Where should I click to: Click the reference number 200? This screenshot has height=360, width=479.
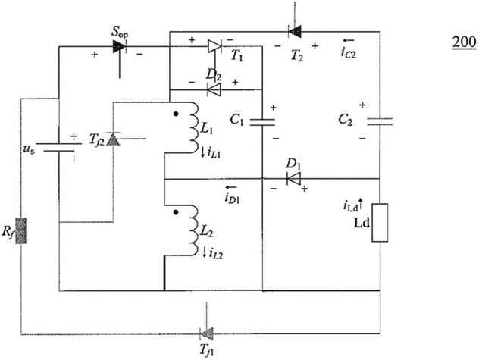point(464,42)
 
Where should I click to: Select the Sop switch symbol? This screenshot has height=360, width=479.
point(119,46)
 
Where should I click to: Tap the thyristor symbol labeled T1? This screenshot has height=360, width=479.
point(214,46)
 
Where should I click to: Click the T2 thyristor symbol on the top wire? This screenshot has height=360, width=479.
point(295,31)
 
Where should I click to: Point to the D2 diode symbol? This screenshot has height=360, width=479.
point(214,90)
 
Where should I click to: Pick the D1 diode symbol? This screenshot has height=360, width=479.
point(293,178)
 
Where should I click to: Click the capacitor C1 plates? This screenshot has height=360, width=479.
point(262,122)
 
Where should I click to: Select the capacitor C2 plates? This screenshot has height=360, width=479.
point(380,121)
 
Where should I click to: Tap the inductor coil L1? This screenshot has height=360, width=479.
point(193,127)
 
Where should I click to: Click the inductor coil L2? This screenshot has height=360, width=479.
point(193,230)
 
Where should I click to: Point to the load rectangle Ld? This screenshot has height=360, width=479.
point(380,223)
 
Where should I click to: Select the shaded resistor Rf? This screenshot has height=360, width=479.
point(20,230)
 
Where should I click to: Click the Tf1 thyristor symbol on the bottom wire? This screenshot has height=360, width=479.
point(207,333)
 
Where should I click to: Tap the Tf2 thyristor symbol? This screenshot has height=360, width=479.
point(113,139)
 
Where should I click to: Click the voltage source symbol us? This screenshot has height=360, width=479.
point(59,147)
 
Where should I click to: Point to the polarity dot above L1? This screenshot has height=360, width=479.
point(176,114)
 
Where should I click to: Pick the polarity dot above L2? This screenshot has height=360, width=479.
point(175,212)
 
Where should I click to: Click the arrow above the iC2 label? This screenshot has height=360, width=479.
point(348,40)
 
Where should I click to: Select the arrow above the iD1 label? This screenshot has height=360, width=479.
point(230,187)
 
